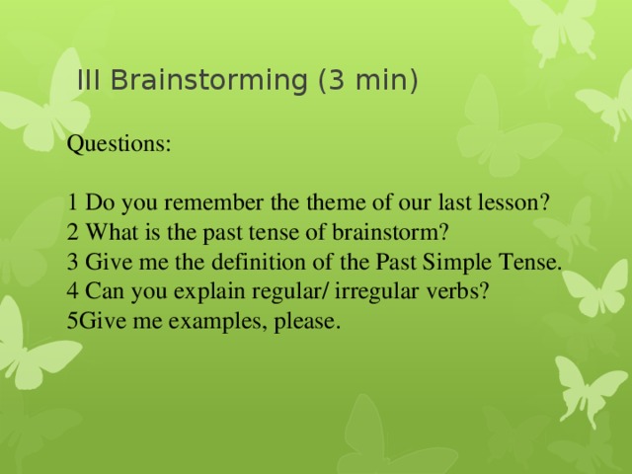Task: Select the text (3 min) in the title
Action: pos(368,81)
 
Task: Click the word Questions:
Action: pos(118,144)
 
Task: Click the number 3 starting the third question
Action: pos(73,263)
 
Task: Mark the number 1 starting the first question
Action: pos(73,203)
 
